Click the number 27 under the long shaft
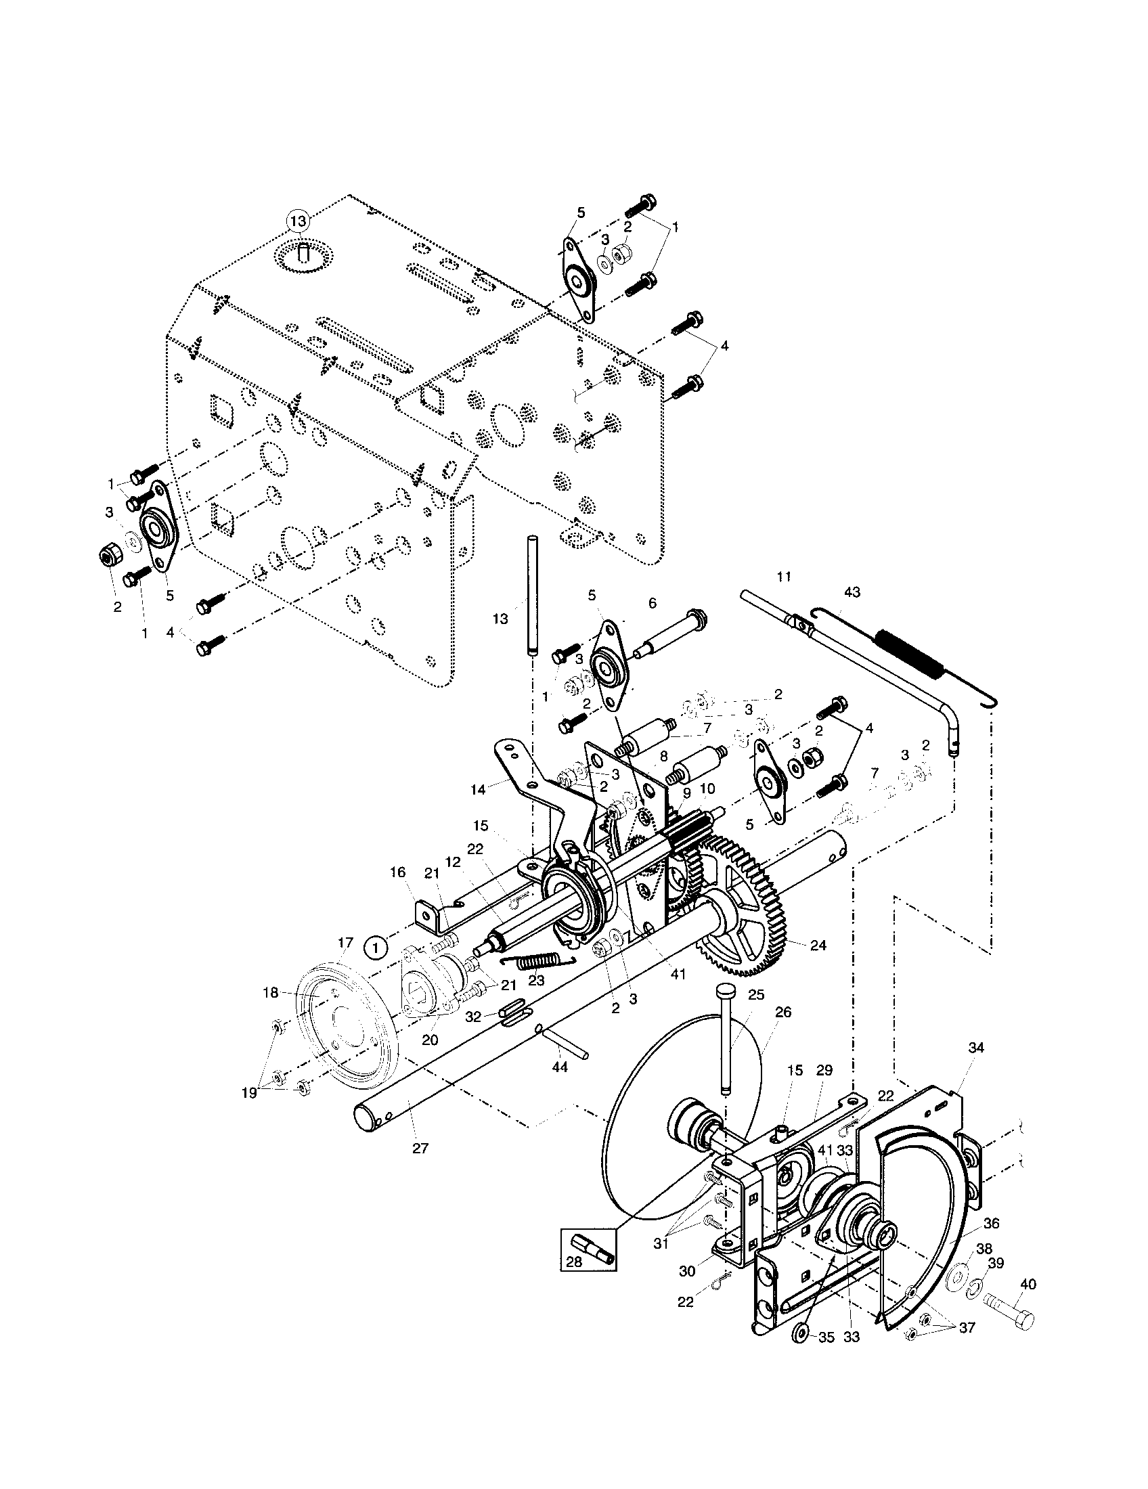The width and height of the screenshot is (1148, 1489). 420,1148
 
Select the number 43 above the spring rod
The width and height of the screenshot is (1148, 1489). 852,592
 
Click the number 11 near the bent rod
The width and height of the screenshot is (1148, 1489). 784,577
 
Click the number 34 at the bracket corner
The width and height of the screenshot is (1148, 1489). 976,1048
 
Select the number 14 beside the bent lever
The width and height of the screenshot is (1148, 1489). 478,789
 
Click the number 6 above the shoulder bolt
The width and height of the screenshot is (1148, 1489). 653,603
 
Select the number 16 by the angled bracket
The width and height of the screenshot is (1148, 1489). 398,872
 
